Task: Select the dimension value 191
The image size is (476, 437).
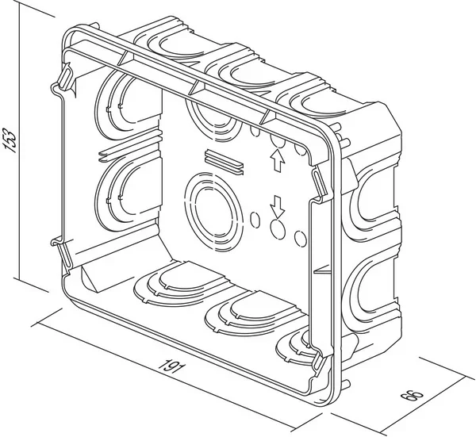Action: pos(171,367)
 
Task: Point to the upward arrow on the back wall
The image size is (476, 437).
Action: pos(277,161)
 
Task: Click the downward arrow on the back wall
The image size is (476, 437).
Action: pos(277,206)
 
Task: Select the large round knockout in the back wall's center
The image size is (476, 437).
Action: pos(213,213)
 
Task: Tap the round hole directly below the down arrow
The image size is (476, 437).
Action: pos(278,229)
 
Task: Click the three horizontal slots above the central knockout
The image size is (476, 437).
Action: pos(224,162)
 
